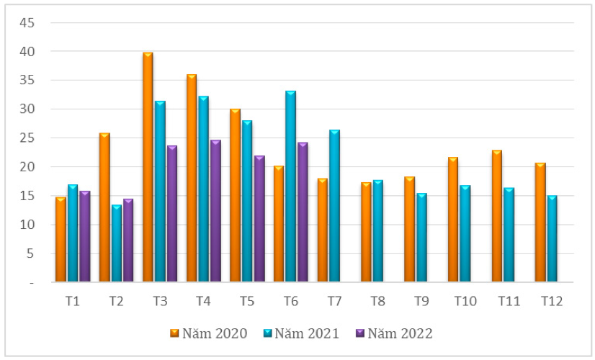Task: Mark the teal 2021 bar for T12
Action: tap(551, 238)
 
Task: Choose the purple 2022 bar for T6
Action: tap(303, 212)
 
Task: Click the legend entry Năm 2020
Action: tap(209, 333)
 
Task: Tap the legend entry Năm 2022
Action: tap(395, 333)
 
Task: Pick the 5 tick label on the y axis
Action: tap(30, 253)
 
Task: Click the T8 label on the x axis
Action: tap(377, 301)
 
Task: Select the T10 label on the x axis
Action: tap(465, 301)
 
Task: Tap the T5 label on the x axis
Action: tap(246, 301)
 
